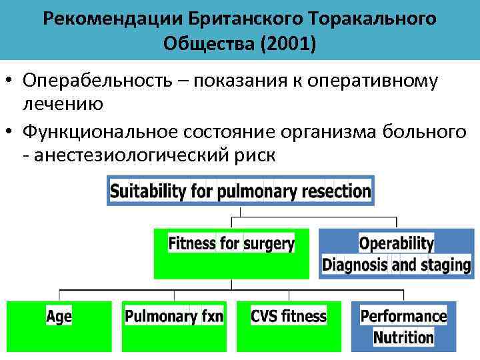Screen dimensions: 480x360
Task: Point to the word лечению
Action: tap(62, 103)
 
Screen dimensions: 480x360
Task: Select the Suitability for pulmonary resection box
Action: tap(240, 191)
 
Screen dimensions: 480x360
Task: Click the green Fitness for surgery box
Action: tap(231, 253)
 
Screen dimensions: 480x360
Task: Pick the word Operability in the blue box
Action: tap(396, 243)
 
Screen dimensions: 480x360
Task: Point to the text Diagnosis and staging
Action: tap(396, 265)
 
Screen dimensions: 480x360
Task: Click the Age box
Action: tap(59, 326)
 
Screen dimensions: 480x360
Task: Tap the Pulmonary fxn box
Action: tap(174, 326)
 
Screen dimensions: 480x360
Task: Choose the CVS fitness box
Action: tap(289, 326)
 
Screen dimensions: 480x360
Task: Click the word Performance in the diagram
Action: tap(403, 315)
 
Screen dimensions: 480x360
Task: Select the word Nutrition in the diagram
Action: tap(403, 337)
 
